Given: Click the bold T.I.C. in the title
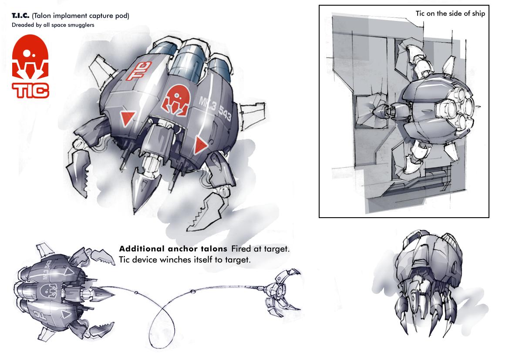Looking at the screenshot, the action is click(x=20, y=16).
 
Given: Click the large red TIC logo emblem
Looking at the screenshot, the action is click(x=30, y=57).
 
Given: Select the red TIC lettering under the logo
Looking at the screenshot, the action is click(x=30, y=91).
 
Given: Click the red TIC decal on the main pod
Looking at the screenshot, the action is click(x=139, y=71).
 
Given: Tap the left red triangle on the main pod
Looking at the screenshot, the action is click(x=128, y=118).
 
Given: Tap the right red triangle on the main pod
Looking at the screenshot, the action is click(x=200, y=145).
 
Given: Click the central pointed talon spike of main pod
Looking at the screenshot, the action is click(x=142, y=188).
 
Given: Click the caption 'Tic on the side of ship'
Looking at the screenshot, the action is click(x=450, y=13).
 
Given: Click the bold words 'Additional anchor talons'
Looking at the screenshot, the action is click(x=173, y=249).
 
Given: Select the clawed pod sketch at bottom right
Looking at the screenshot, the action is click(x=428, y=283).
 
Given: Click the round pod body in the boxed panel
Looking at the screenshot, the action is click(x=432, y=109).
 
